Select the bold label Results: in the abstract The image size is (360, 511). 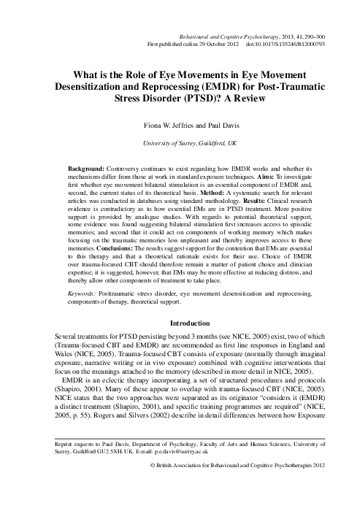267,197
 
